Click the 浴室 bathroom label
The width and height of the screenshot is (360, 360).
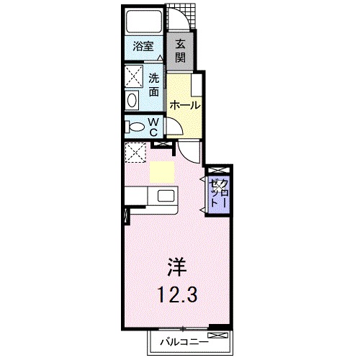(x=143, y=48)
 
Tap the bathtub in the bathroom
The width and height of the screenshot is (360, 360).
(x=143, y=22)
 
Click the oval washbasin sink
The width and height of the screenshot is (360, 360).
(x=133, y=99)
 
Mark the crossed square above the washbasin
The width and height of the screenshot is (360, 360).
(x=134, y=76)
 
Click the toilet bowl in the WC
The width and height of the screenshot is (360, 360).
(x=134, y=126)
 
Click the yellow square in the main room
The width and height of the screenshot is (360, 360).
(x=162, y=172)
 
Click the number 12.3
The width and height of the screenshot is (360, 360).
(x=176, y=294)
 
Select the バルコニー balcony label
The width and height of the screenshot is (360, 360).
(x=180, y=341)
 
